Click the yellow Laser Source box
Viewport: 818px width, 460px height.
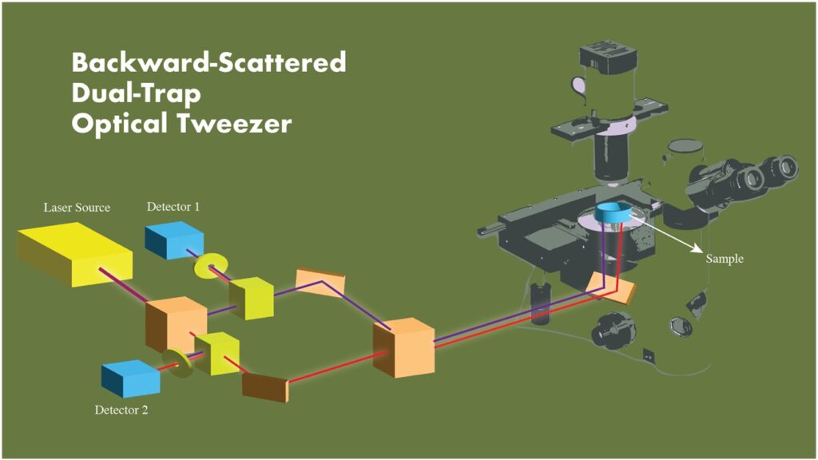click(73, 252)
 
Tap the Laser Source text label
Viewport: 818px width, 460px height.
click(77, 208)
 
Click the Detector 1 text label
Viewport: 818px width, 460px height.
click(173, 207)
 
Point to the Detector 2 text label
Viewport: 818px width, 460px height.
click(121, 410)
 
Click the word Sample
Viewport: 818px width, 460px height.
click(725, 260)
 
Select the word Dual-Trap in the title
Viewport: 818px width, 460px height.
click(135, 93)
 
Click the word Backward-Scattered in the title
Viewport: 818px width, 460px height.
click(208, 61)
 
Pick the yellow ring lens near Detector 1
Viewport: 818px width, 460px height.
click(212, 266)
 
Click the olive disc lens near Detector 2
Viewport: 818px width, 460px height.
click(177, 361)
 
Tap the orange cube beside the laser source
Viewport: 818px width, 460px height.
click(171, 323)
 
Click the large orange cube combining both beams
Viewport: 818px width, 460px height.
click(404, 347)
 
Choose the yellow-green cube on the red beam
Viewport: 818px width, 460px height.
click(217, 353)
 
